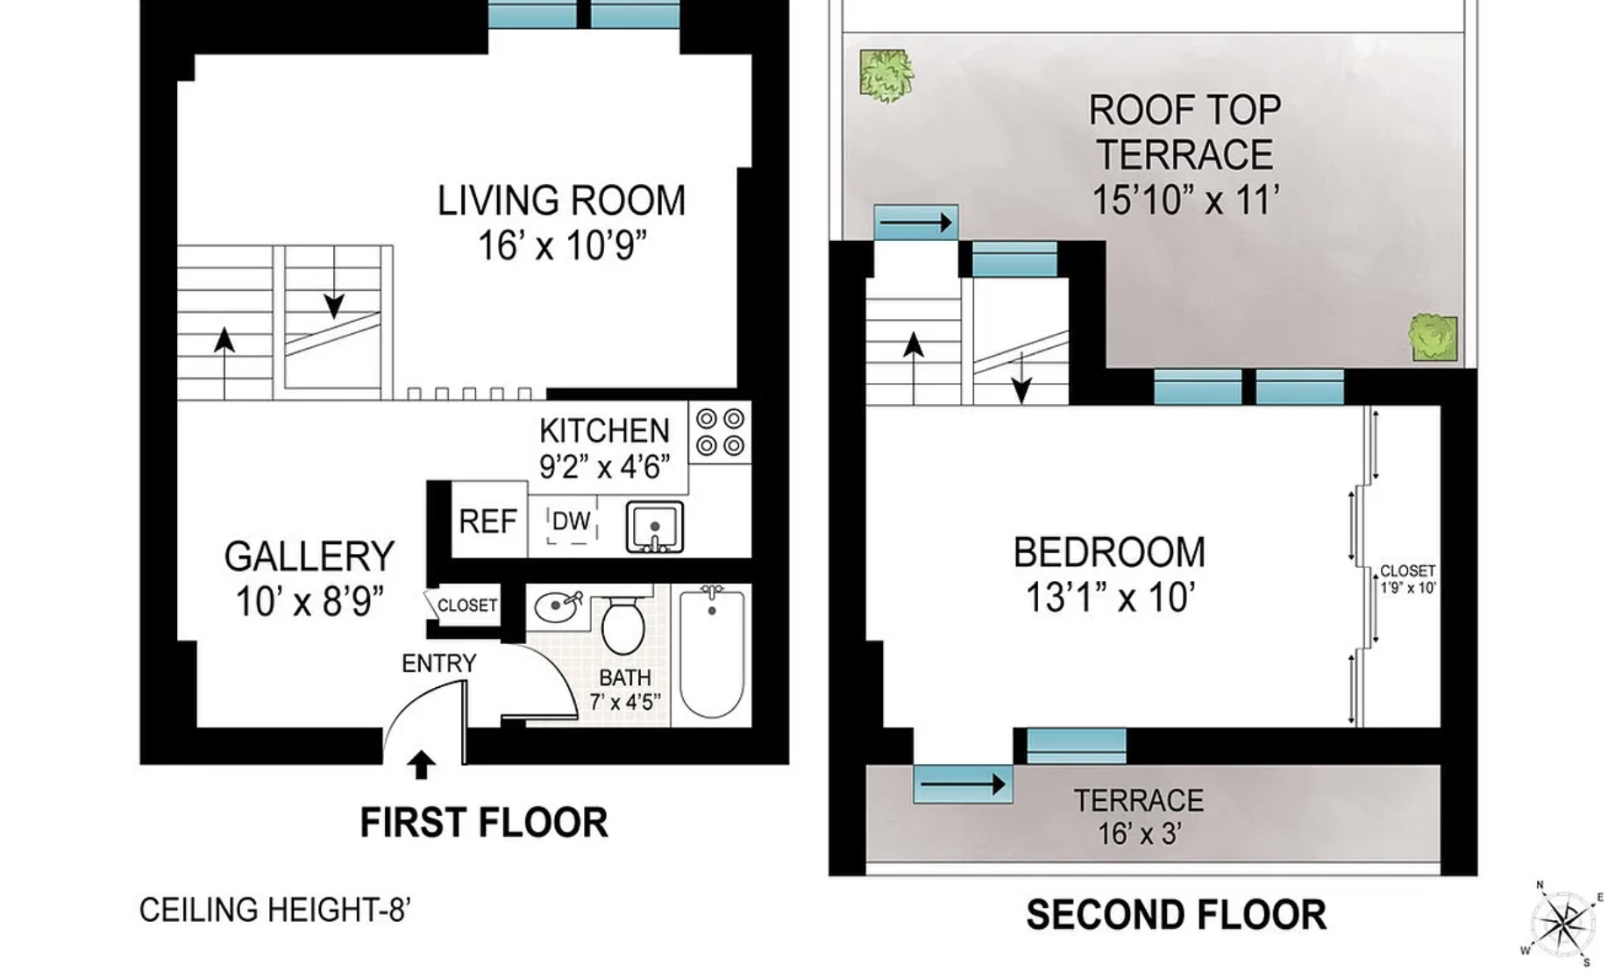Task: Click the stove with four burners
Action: [x=720, y=432]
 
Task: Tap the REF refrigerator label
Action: [x=487, y=521]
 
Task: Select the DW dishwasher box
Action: [x=571, y=521]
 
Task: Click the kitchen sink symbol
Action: [x=654, y=527]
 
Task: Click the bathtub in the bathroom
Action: [x=712, y=653]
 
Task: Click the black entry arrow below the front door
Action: [x=421, y=765]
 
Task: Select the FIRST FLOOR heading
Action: [x=483, y=823]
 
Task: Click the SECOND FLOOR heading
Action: [x=1176, y=915]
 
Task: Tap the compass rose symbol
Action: [x=1564, y=924]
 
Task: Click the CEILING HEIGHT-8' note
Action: [x=274, y=910]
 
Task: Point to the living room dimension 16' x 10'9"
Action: [x=561, y=246]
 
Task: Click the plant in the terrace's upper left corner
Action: [x=886, y=75]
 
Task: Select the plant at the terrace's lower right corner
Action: [x=1433, y=337]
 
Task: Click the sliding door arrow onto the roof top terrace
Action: [x=915, y=223]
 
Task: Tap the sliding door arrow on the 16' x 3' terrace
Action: [x=962, y=783]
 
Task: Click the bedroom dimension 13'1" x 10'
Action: [x=1109, y=599]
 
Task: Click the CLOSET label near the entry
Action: [x=466, y=606]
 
